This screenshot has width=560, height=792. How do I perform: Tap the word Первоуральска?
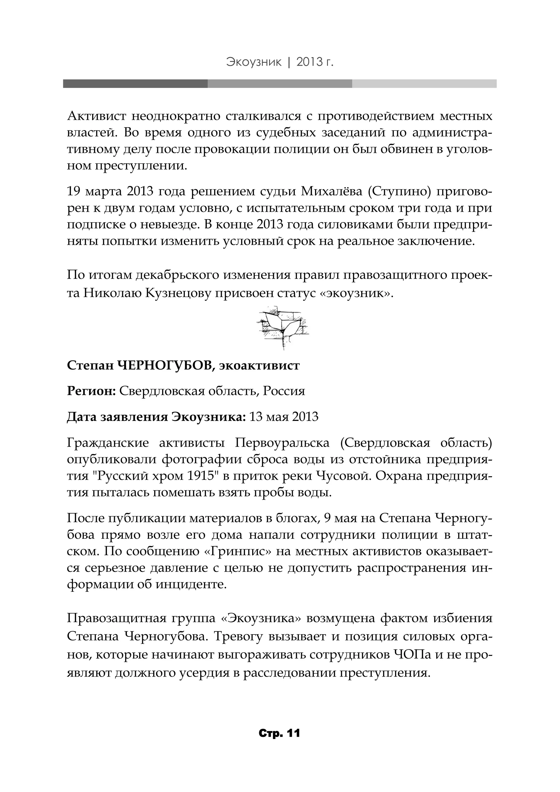pyautogui.click(x=282, y=442)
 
